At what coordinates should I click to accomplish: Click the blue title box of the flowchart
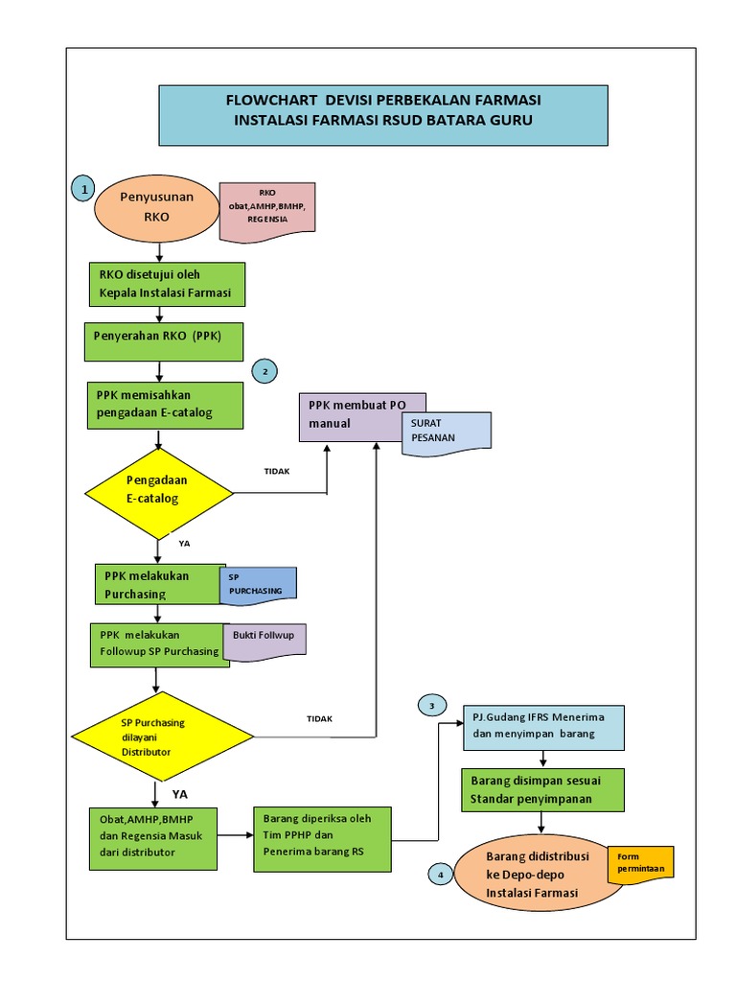pos(382,113)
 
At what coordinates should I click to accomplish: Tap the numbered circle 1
pos(84,190)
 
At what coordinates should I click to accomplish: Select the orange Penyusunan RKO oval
pos(156,207)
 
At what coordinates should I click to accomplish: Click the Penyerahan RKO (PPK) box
pos(162,341)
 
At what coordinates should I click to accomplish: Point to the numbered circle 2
pos(264,371)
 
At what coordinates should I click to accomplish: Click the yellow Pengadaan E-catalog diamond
pos(159,493)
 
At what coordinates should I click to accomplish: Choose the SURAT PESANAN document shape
pos(447,431)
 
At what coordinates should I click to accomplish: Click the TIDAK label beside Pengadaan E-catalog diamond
pos(276,471)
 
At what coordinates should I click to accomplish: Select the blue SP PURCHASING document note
pos(258,584)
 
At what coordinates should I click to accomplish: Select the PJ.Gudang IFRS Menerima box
pos(542,727)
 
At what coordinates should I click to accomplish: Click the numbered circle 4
pos(440,874)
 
